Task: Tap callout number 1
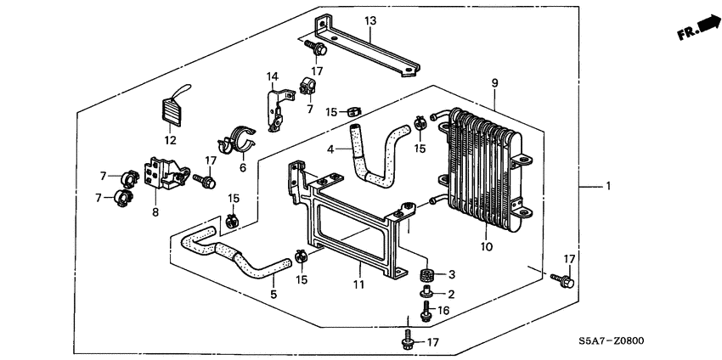tap(609, 185)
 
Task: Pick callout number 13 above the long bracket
tap(369, 20)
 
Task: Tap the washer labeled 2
tap(428, 293)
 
